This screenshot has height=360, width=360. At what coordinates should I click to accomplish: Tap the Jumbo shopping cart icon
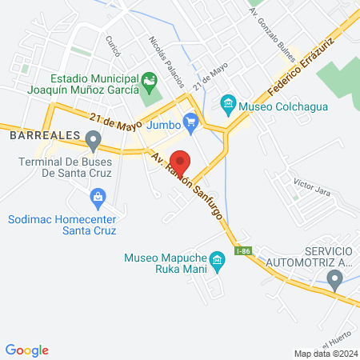[x=190, y=122]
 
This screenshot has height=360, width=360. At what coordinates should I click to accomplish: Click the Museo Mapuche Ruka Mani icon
[x=215, y=260]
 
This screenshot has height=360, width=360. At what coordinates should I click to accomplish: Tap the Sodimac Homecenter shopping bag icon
[x=98, y=197]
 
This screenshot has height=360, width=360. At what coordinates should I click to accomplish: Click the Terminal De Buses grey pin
[x=94, y=143]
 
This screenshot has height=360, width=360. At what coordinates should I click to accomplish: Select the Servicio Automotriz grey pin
[x=334, y=278]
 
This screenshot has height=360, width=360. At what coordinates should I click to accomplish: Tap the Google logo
[x=27, y=350]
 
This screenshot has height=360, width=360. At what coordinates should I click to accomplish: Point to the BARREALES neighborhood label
[x=43, y=136]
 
